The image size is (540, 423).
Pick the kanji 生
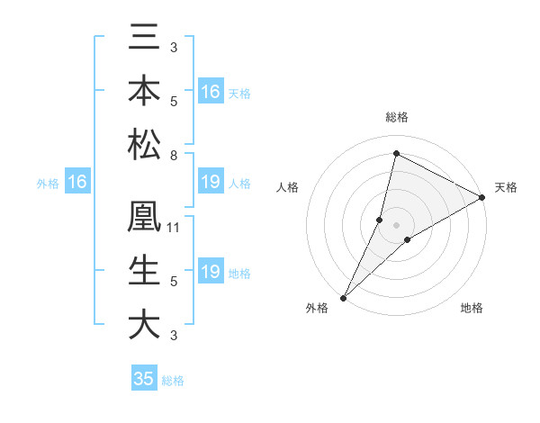pyautogui.click(x=145, y=272)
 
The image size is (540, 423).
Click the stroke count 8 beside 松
pyautogui.click(x=174, y=155)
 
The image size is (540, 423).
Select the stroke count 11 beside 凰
pyautogui.click(x=174, y=228)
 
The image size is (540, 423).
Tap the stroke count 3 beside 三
pyautogui.click(x=174, y=47)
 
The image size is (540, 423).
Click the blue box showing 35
pyautogui.click(x=144, y=379)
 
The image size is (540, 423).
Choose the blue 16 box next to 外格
pyautogui.click(x=77, y=183)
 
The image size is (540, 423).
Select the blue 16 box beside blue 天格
pyautogui.click(x=211, y=92)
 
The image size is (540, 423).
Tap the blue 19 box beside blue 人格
pyautogui.click(x=211, y=183)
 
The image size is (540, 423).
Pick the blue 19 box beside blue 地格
pyautogui.click(x=211, y=272)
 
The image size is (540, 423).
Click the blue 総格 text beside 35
pyautogui.click(x=173, y=381)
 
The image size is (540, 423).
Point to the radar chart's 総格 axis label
pyautogui.click(x=397, y=117)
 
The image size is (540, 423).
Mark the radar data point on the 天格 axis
pyautogui.click(x=482, y=198)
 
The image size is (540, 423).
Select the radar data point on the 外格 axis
pyautogui.click(x=343, y=297)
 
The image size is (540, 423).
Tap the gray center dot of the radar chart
pyautogui.click(x=397, y=224)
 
